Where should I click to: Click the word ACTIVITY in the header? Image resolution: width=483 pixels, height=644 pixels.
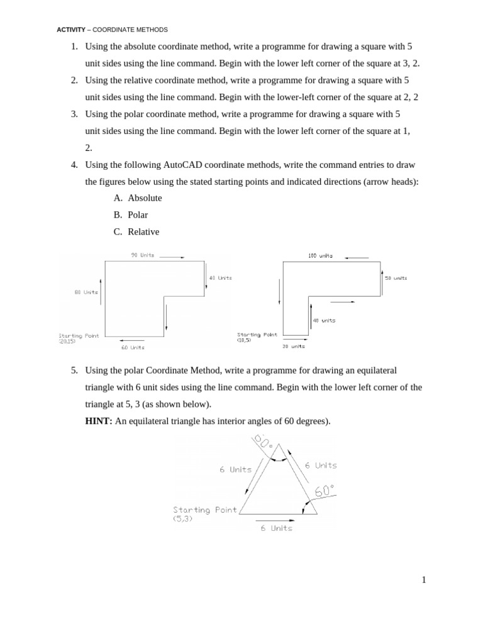(x=70, y=30)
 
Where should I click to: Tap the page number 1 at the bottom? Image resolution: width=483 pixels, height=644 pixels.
(x=424, y=580)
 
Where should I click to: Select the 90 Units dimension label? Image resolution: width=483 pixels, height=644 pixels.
(x=143, y=255)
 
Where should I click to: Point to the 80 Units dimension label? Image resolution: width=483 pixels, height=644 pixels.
(x=86, y=292)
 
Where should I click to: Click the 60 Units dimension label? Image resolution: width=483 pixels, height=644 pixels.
(x=133, y=347)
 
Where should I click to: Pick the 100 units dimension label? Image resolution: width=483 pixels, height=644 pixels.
(x=321, y=256)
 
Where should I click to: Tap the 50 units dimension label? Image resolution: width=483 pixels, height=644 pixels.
(x=396, y=278)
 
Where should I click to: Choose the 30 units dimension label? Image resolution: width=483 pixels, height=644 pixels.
(x=293, y=347)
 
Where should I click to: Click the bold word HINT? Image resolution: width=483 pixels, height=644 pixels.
(x=99, y=421)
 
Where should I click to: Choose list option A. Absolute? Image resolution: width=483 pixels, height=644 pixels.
(x=138, y=198)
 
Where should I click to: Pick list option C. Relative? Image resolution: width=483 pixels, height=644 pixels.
(x=136, y=232)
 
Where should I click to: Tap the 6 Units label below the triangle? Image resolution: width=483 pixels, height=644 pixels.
(x=277, y=528)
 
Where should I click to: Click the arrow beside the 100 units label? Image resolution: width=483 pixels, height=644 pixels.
(x=356, y=257)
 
